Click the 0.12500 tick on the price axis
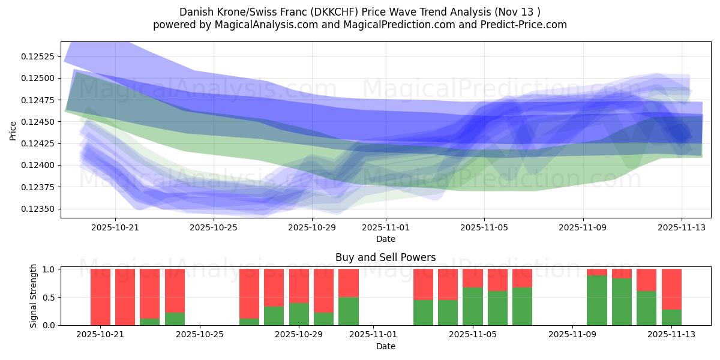coord(38,78)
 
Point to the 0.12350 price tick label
coord(38,209)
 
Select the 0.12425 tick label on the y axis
coord(38,143)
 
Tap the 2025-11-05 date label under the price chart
coord(484,227)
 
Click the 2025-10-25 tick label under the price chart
coord(214,227)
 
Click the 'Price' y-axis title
coord(13,130)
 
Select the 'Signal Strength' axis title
coord(34,296)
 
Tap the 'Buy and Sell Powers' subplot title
coord(385,257)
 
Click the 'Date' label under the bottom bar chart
coord(385,346)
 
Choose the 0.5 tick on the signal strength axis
coord(50,297)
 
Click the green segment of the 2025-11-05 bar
coord(472,307)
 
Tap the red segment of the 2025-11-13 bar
coord(671,289)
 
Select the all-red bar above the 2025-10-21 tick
coord(100,297)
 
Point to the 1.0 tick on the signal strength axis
coord(50,269)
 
